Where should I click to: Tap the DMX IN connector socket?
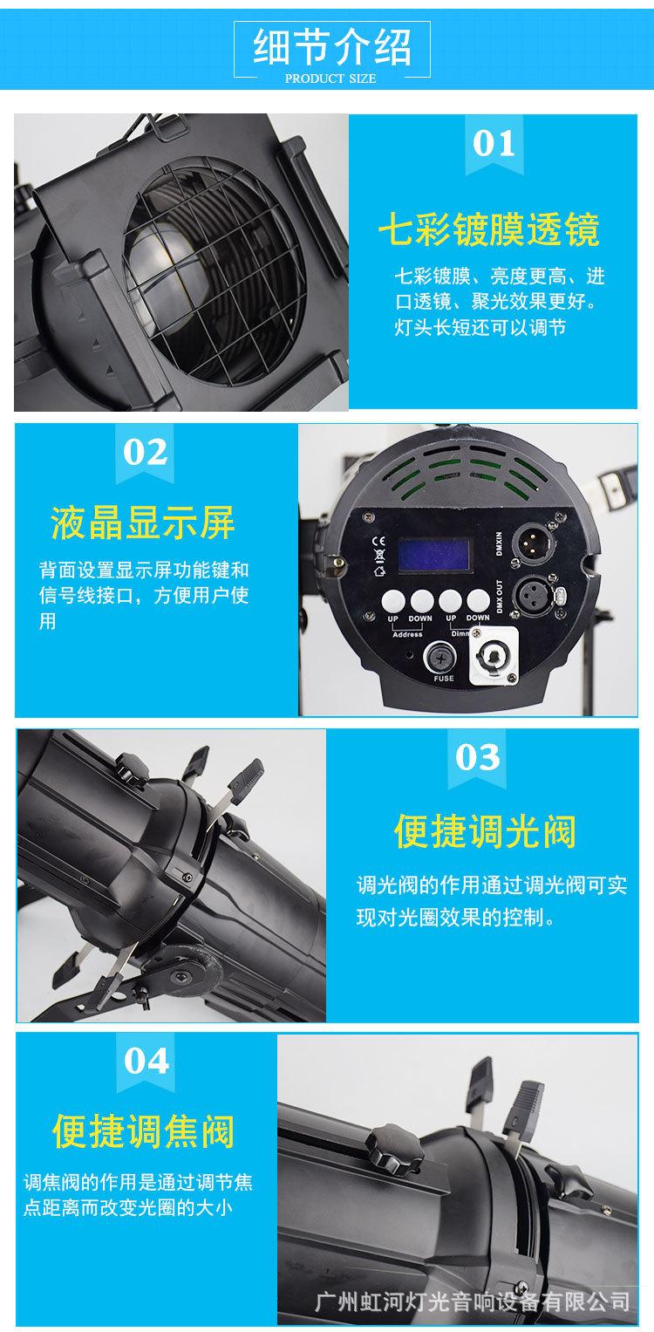[x=530, y=537]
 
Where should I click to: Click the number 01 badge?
[x=494, y=144]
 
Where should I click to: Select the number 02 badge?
[x=146, y=453]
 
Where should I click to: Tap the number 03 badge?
[x=478, y=757]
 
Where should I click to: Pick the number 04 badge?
[x=146, y=1062]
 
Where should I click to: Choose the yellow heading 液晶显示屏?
[x=143, y=523]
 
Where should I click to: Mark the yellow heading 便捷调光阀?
[x=485, y=829]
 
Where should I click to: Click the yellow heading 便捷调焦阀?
[x=143, y=1131]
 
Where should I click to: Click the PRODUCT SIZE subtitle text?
[x=330, y=79]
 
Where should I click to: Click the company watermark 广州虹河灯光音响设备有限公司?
[x=472, y=1302]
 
